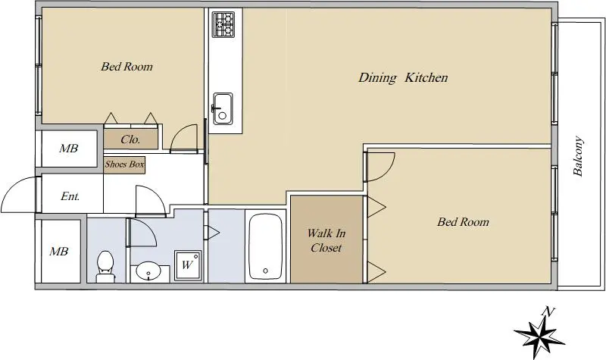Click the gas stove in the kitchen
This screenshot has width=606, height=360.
tap(223, 24)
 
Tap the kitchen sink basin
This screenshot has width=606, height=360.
tap(223, 108)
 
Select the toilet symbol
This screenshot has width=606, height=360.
tap(105, 267)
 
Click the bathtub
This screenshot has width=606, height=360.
tap(265, 246)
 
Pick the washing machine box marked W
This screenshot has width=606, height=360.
tap(188, 265)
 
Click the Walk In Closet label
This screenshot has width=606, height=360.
tap(326, 240)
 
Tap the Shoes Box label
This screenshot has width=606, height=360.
tap(124, 164)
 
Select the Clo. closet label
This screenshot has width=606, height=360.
tap(130, 139)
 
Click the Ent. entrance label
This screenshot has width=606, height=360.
tap(70, 196)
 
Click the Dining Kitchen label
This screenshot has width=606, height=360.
tap(403, 77)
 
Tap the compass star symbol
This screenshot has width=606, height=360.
tap(539, 334)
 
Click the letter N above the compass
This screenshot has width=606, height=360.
tap(548, 311)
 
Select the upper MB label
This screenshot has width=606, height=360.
tap(69, 148)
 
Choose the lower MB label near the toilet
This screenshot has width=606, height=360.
tap(59, 252)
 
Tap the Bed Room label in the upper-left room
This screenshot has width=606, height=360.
tap(127, 67)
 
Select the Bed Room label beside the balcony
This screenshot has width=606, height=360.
tap(463, 222)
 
